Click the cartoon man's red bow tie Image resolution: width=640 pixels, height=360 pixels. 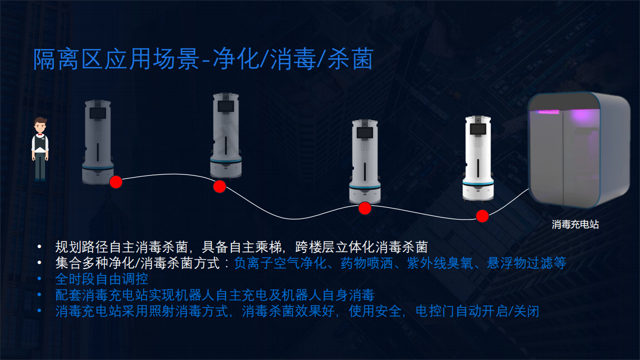point(40,134)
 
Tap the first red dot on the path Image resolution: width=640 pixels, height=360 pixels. point(116,182)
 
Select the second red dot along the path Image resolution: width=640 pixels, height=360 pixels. point(219,186)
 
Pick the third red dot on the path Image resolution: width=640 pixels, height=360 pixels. point(365,208)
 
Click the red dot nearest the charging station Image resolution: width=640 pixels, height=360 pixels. point(482,216)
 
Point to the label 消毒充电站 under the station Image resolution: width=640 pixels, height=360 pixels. point(575,224)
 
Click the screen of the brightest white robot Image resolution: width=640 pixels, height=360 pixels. point(478,129)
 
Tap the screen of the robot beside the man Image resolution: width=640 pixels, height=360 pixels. point(97,113)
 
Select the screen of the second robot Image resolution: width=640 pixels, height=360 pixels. point(225,106)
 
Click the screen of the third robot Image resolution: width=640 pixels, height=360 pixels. point(365,133)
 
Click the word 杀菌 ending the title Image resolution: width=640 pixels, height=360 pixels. point(350,59)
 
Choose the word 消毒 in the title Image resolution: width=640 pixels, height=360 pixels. point(293,59)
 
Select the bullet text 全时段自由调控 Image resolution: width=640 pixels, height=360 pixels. point(101,279)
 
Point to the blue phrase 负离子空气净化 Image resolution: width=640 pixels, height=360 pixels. point(280,263)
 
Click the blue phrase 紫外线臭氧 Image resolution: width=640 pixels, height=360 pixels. point(440,263)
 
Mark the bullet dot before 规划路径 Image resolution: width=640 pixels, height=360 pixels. point(39,246)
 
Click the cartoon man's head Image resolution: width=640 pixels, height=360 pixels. point(40,124)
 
